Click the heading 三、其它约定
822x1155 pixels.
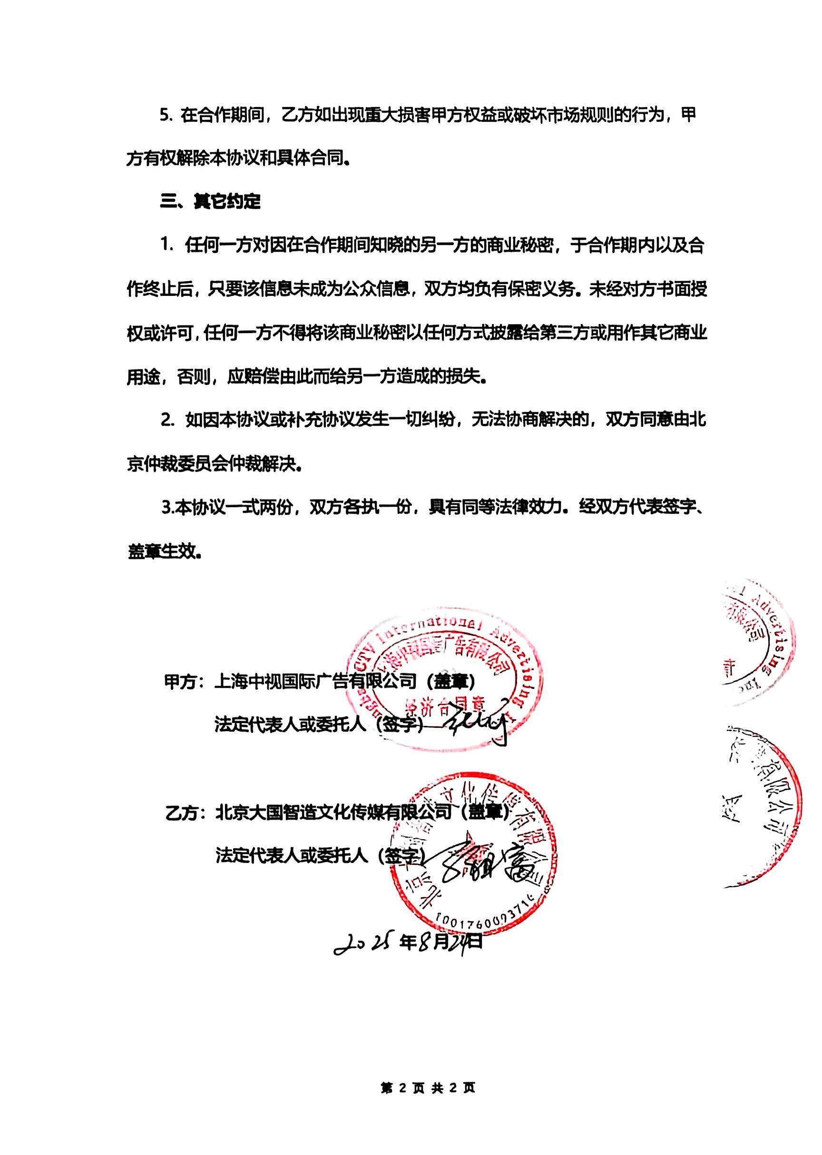tap(210, 201)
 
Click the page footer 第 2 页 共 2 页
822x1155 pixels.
tap(428, 1085)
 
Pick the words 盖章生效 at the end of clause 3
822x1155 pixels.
tap(161, 551)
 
